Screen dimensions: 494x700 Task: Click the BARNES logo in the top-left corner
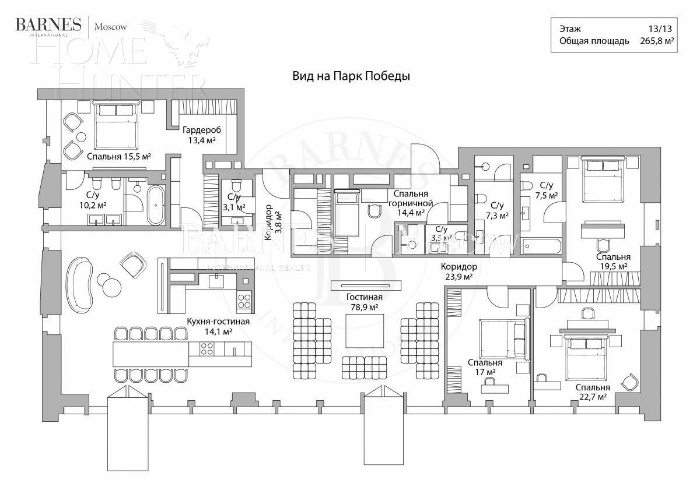click(x=48, y=25)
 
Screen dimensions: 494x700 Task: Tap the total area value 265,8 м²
click(x=655, y=41)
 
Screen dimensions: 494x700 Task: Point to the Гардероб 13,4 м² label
click(x=199, y=135)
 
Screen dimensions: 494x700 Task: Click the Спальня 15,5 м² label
click(x=119, y=157)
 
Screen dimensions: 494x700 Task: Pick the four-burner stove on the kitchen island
click(x=207, y=349)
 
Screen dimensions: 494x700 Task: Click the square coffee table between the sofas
click(x=365, y=331)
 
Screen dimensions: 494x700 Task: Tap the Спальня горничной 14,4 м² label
click(x=412, y=203)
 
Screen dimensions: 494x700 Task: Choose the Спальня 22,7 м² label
click(x=592, y=392)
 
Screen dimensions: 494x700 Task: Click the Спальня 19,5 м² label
click(x=612, y=261)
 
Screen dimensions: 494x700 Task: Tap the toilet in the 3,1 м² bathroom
click(x=237, y=187)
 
